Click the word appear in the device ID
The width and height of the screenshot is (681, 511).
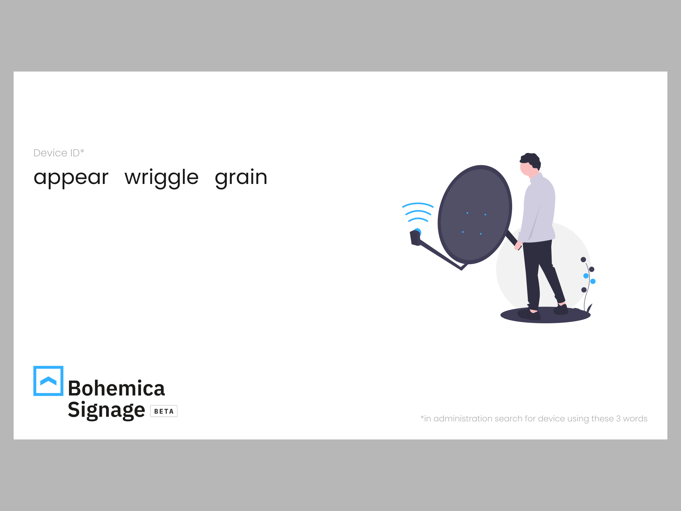[71, 178]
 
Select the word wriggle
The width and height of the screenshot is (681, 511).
[161, 178]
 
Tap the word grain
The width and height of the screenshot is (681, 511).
[241, 178]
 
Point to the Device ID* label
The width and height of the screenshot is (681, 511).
[59, 153]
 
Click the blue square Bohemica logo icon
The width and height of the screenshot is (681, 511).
[48, 381]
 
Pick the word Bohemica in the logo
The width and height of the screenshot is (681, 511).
[116, 388]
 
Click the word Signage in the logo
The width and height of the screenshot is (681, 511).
[107, 410]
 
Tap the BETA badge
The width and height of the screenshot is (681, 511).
[164, 411]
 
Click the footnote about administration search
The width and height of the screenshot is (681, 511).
[534, 419]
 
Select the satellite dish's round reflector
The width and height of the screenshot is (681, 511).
[475, 215]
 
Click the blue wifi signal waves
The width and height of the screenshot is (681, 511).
[418, 212]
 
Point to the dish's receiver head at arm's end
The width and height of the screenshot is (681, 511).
[415, 237]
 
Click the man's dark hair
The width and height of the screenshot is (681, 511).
[531, 160]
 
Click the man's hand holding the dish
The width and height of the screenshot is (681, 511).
[518, 245]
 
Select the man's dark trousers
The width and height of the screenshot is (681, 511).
[541, 273]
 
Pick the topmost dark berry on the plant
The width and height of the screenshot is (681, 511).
[583, 260]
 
